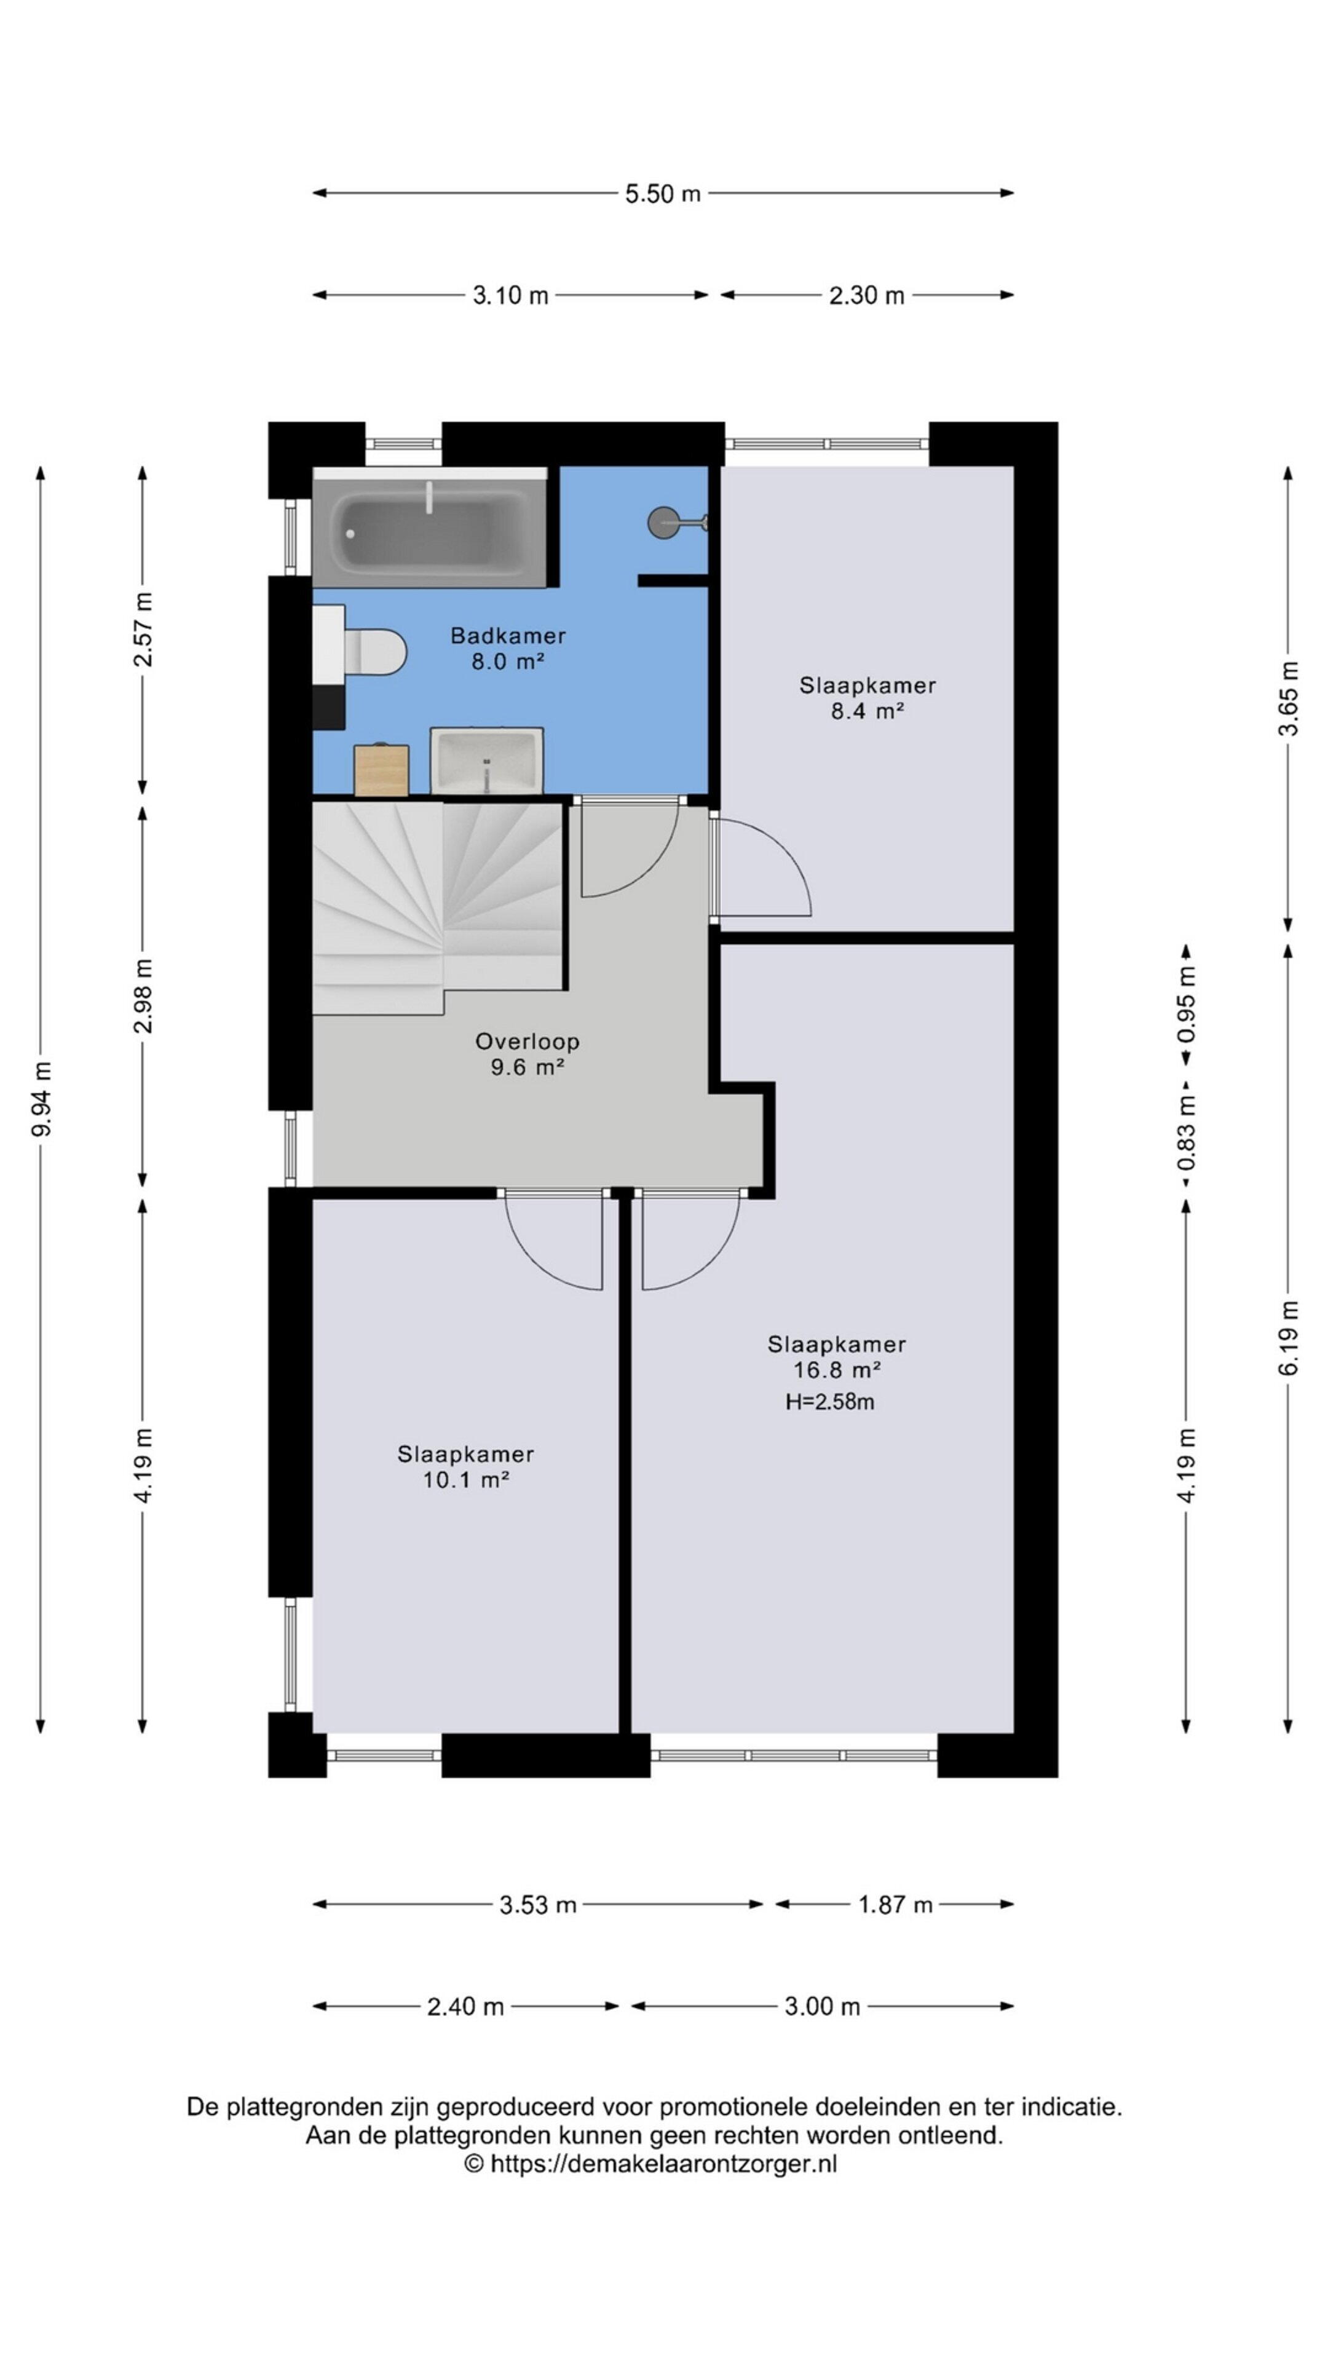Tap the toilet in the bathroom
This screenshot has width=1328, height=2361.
pos(376,651)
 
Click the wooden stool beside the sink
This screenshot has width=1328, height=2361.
pos(381,770)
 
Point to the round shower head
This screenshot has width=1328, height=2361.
pos(663,523)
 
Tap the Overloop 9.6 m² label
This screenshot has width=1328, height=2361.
pos(526,1053)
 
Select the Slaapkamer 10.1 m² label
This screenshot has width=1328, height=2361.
pos(465,1466)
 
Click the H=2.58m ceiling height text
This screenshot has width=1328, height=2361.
pos(829,1401)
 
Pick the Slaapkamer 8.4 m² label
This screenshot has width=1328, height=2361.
pos(867,697)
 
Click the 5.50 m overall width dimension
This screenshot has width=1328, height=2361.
pos(663,194)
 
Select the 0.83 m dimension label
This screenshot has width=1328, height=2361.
pos(1186,1133)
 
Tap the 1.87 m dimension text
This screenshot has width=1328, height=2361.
pos(895,1905)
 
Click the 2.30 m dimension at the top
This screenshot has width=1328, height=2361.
pos(866,296)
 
